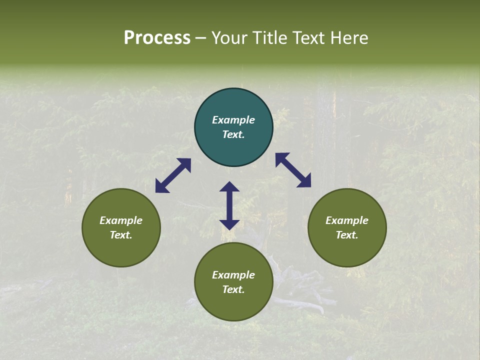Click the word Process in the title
click(157, 38)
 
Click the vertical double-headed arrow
click(229, 205)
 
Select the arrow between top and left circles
click(173, 175)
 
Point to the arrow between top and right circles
click(293, 170)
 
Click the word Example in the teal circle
click(233, 120)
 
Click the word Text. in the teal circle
click(233, 134)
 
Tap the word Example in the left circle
click(121, 220)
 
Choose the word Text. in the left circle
click(121, 235)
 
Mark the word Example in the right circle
click(347, 220)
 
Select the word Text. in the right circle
click(347, 235)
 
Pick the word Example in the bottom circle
click(233, 275)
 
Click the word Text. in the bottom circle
click(233, 289)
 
